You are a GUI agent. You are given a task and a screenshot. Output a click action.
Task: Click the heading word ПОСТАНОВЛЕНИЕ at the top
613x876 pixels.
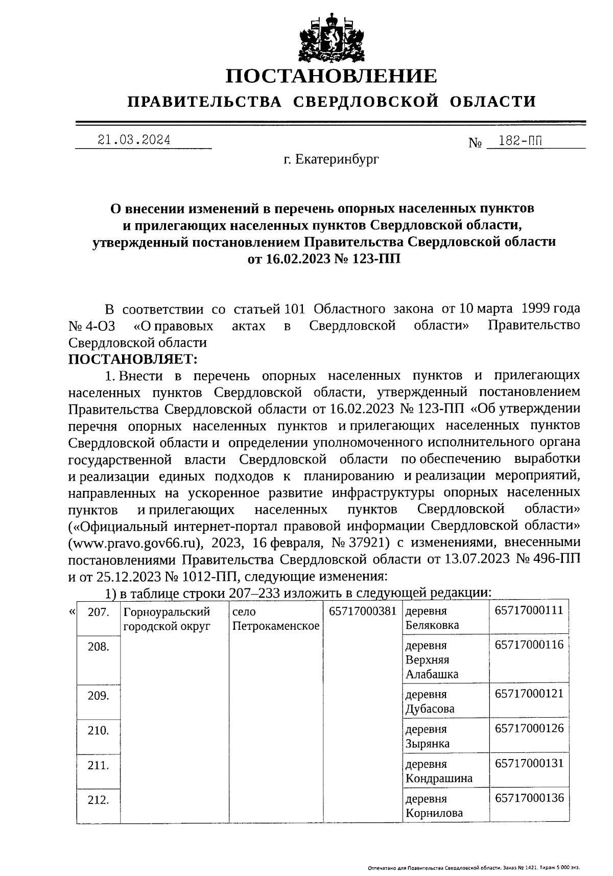coord(332,76)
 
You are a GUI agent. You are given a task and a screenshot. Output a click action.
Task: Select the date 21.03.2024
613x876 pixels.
coord(134,140)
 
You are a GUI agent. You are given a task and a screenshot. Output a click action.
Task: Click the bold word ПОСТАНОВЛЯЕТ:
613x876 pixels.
coord(133,359)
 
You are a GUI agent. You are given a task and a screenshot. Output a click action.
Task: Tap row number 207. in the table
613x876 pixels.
coord(99,612)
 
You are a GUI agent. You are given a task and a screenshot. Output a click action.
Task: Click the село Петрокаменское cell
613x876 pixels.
coord(275,619)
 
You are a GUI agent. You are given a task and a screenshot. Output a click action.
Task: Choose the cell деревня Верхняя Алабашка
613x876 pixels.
coord(432,659)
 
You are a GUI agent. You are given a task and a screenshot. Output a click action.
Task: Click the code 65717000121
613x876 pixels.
coord(529,694)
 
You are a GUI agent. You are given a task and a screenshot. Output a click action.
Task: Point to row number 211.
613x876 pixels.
coord(99,765)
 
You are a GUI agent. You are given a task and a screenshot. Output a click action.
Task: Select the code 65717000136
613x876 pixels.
coord(529,798)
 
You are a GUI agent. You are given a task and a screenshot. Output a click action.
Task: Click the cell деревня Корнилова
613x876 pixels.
coord(434,806)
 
